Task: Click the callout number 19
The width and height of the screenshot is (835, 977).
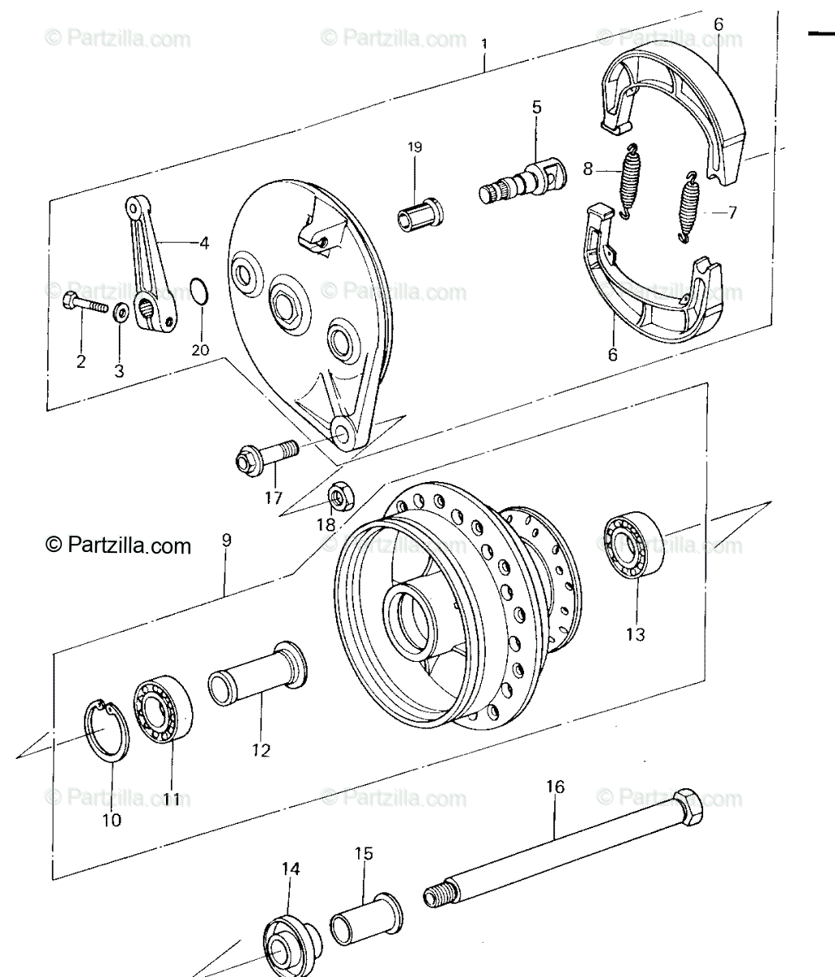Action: tap(414, 147)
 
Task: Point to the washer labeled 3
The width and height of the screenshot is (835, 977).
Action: tap(121, 312)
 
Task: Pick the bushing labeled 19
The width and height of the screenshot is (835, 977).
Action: tap(420, 215)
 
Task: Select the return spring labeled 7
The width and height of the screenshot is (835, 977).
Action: tap(688, 207)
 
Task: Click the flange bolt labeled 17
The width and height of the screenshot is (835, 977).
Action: tap(266, 457)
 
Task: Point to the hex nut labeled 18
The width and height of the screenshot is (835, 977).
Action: tap(341, 496)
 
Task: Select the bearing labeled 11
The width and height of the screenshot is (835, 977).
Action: tap(163, 709)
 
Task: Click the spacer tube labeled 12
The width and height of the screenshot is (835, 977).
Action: tap(257, 674)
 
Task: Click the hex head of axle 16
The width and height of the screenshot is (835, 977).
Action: tap(688, 808)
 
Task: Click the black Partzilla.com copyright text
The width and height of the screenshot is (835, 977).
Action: tap(118, 545)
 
